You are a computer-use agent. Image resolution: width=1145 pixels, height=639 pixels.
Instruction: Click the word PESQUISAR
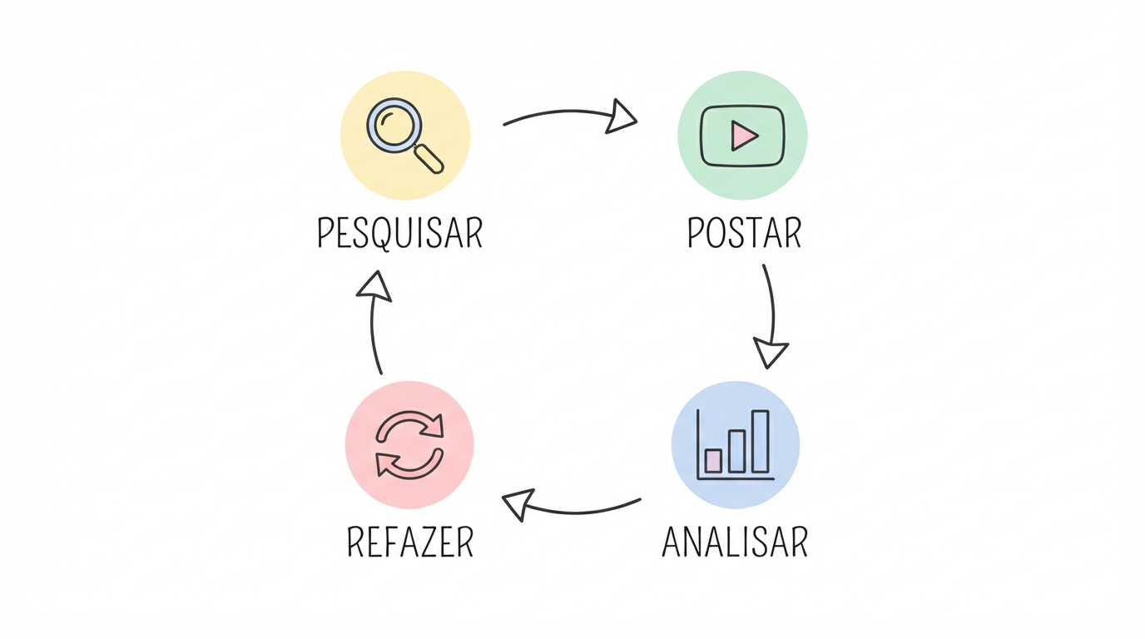point(400,233)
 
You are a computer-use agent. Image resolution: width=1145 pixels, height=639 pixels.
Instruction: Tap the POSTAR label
point(744,233)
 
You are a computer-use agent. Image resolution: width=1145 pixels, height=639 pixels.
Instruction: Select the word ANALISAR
point(735,542)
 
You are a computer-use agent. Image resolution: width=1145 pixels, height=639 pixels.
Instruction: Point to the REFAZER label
point(410,542)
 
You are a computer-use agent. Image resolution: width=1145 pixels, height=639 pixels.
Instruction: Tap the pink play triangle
point(744,136)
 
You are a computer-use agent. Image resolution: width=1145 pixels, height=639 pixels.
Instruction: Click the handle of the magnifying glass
point(429,159)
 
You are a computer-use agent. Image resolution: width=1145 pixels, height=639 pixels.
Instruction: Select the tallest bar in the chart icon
point(760,442)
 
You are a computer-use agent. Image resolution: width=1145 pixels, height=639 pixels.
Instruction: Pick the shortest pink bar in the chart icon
point(713,461)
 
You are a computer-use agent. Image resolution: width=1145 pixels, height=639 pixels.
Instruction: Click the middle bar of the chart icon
point(736,452)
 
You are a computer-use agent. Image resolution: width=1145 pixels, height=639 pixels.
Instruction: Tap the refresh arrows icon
point(409,445)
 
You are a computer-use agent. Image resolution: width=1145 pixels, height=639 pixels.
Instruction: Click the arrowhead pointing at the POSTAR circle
point(621,116)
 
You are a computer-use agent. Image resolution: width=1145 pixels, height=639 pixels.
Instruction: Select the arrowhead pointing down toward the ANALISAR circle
point(771,352)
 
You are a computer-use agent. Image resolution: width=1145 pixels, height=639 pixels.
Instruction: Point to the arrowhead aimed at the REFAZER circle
point(518,504)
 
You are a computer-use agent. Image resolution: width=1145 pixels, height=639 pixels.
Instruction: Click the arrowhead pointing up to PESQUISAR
point(374,285)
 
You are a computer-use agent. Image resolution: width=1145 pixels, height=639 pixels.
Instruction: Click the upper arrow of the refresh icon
point(409,425)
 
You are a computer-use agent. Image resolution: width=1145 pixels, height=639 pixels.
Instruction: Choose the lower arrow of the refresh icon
point(409,464)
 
